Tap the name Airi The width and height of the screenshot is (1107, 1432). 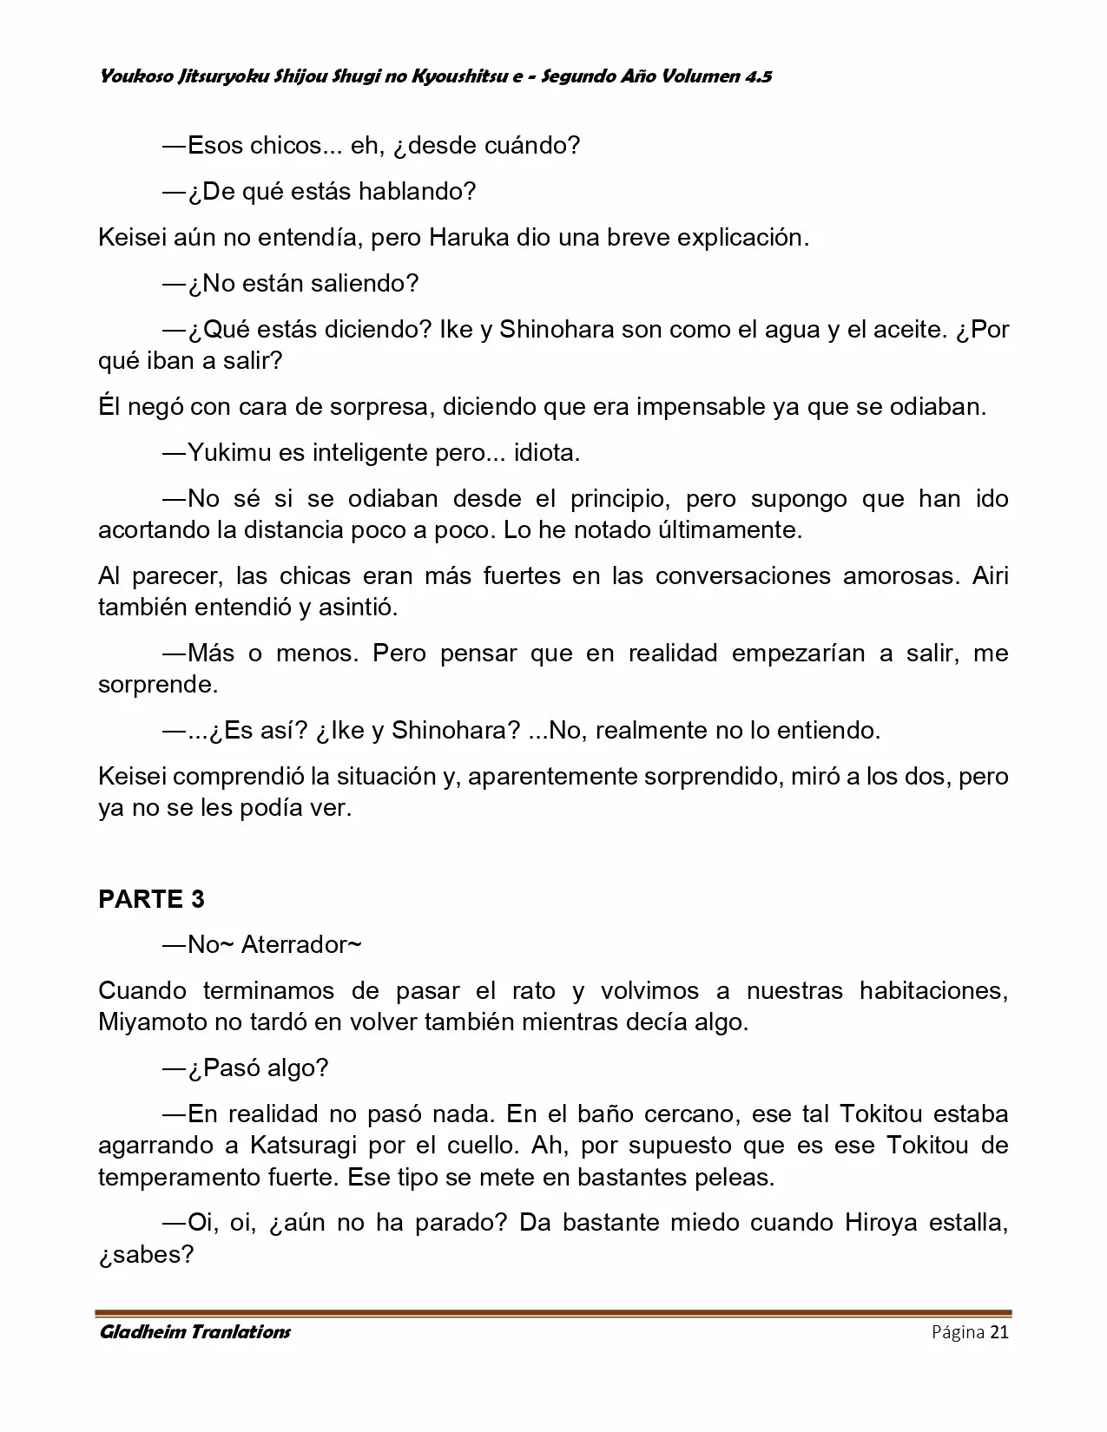click(991, 576)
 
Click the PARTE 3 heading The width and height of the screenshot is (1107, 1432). click(152, 899)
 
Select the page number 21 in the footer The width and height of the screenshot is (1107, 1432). click(998, 1332)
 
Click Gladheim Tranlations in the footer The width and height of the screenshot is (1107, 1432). click(195, 1332)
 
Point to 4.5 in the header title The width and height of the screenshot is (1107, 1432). click(758, 76)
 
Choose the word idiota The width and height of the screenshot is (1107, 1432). click(546, 453)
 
